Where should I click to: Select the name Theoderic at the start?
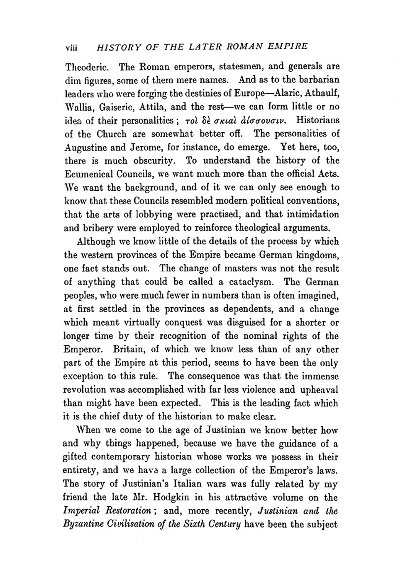coord(86,66)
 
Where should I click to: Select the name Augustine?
coord(88,147)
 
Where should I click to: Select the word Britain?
coord(127,350)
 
